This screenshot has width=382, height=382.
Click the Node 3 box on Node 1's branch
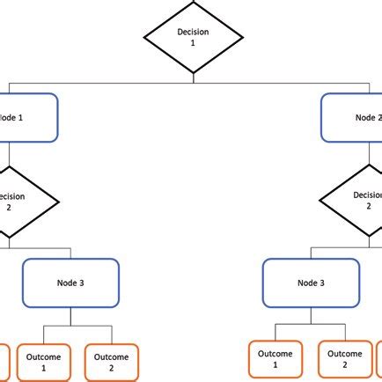70,283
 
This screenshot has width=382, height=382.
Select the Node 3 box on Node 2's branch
312,283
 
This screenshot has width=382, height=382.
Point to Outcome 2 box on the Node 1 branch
112,363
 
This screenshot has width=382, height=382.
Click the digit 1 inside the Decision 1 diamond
192,43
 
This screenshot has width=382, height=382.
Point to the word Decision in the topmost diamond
193,32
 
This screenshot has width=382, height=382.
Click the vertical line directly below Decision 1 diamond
193,78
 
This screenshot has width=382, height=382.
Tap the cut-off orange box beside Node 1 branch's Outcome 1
4,363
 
